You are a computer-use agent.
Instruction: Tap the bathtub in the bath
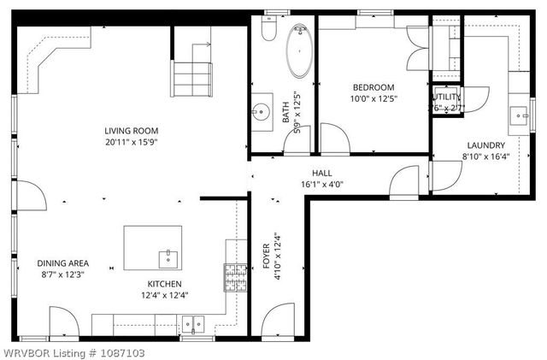click(300, 53)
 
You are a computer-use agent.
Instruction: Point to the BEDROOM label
click(373, 87)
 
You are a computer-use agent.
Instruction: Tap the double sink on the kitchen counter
click(193, 323)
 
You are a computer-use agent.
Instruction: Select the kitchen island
click(153, 248)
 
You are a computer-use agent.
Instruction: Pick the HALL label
click(321, 173)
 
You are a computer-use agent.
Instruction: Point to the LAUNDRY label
click(485, 145)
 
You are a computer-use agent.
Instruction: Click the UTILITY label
click(447, 97)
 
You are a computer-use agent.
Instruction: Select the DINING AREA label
click(63, 263)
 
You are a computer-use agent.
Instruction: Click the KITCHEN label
click(163, 284)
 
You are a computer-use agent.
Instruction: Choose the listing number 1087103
click(116, 352)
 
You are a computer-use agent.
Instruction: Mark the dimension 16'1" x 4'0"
click(321, 184)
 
